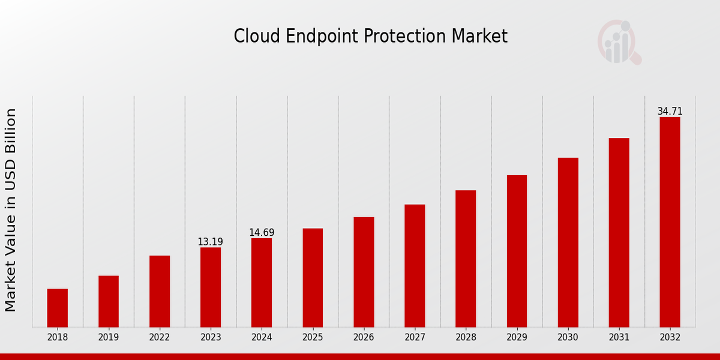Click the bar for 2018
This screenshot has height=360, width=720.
(58, 308)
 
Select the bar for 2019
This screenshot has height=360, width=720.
(109, 301)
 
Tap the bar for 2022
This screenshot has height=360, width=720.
(160, 291)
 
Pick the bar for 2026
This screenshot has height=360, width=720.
(364, 272)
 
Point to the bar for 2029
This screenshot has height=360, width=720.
(517, 251)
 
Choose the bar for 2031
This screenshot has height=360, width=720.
(619, 232)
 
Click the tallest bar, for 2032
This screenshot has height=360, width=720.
(670, 222)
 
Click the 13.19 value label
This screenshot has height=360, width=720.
(210, 242)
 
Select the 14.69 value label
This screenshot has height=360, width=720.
(262, 232)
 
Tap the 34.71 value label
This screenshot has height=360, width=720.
(670, 111)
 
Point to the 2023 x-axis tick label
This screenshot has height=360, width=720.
(211, 337)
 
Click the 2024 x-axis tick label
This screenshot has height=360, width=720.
(262, 337)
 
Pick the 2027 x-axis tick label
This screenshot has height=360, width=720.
(415, 337)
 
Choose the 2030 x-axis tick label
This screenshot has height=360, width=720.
(568, 337)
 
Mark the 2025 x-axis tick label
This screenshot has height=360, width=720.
(313, 337)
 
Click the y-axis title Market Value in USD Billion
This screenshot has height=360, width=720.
(11, 210)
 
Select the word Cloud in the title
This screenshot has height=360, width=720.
(251, 37)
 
